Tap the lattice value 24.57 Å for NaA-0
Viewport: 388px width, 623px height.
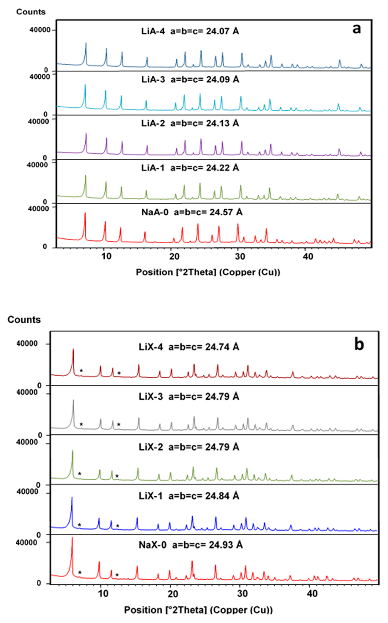point(226,212)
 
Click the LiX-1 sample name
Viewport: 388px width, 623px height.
point(151,496)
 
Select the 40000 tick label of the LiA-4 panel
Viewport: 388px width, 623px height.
point(40,30)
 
